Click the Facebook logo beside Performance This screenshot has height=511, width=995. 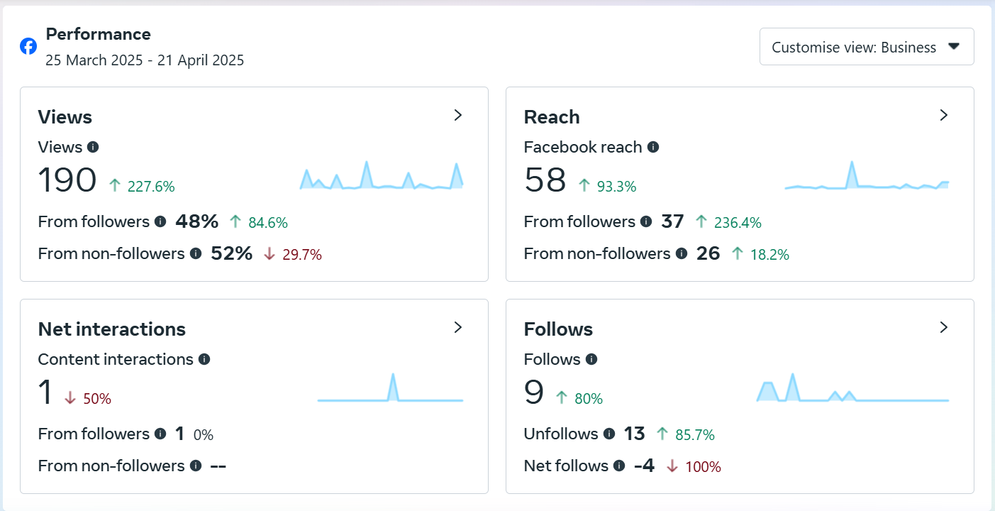(x=28, y=47)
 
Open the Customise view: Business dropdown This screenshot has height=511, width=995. (x=866, y=47)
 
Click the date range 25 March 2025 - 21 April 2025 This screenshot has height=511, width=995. (x=145, y=60)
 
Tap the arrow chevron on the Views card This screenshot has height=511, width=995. (x=458, y=116)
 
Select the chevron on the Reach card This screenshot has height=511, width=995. (x=943, y=116)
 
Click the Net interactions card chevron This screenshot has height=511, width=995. (x=458, y=327)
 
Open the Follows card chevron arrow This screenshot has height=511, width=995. (x=943, y=327)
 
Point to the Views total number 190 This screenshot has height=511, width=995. (x=67, y=180)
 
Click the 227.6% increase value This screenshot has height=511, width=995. (x=150, y=187)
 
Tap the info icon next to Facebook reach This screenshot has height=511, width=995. (x=653, y=147)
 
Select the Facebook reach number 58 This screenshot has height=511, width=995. (x=545, y=180)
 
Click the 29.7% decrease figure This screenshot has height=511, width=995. (x=301, y=254)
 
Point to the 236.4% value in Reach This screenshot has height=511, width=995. (x=738, y=223)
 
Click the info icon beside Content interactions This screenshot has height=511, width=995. (x=204, y=359)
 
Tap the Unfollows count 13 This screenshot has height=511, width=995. (x=634, y=434)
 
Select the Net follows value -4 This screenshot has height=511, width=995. (x=644, y=466)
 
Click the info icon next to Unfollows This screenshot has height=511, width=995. (x=608, y=434)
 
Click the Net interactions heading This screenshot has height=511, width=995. (x=111, y=329)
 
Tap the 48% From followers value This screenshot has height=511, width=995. (x=197, y=221)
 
